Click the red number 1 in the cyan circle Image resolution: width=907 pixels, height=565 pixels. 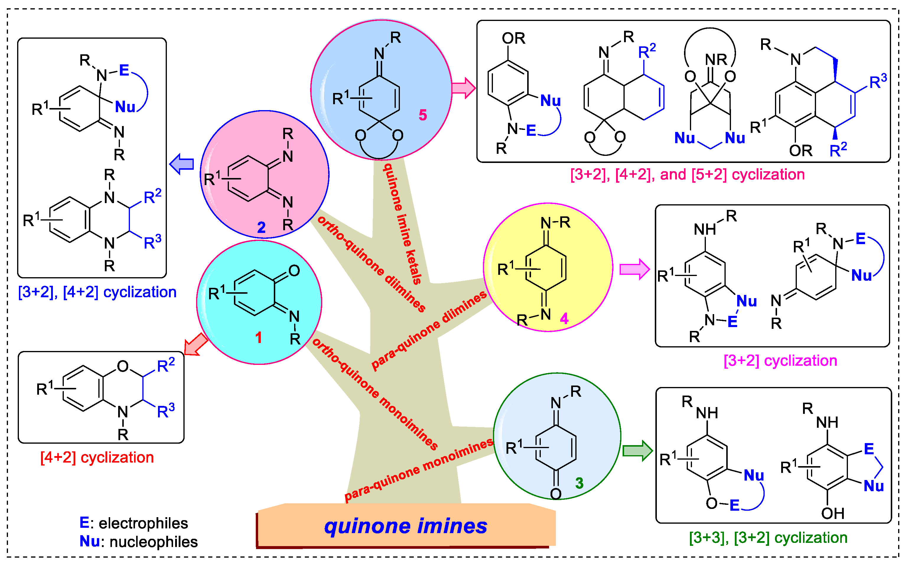[x=258, y=337]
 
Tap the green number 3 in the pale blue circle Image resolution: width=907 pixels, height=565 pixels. [x=579, y=483]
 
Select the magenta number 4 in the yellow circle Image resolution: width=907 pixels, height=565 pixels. [x=564, y=319]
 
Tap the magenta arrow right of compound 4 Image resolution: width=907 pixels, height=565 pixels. [x=635, y=269]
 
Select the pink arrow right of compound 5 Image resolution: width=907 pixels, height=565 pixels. [x=464, y=88]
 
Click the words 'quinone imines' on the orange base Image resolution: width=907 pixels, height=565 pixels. [x=406, y=526]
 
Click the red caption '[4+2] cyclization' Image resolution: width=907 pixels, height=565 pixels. [x=97, y=457]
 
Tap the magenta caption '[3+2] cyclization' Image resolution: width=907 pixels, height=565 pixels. [x=780, y=361]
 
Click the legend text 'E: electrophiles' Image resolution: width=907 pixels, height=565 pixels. [x=134, y=523]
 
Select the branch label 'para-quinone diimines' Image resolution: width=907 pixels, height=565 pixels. [x=429, y=330]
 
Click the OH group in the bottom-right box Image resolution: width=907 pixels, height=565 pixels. [x=833, y=513]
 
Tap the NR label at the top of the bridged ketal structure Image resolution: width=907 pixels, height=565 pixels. [x=716, y=59]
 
